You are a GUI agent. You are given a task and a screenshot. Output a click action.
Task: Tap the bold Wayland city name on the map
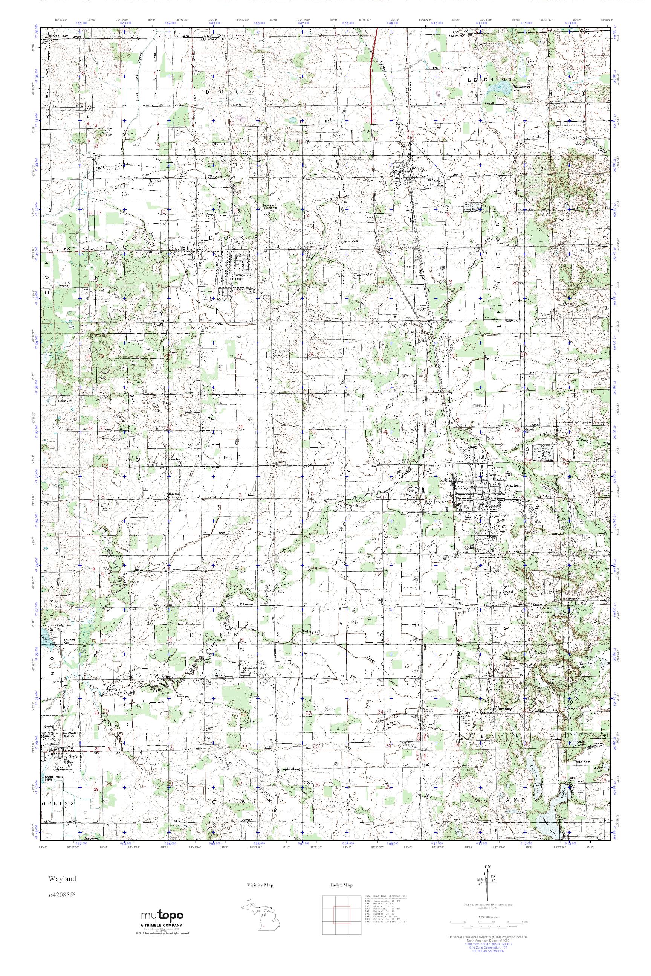coord(513,485)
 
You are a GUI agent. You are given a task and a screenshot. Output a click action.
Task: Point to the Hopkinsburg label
coord(290,769)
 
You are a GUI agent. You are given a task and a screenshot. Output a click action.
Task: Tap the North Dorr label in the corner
coord(58,36)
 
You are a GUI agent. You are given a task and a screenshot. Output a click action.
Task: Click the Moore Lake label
coord(598,769)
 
